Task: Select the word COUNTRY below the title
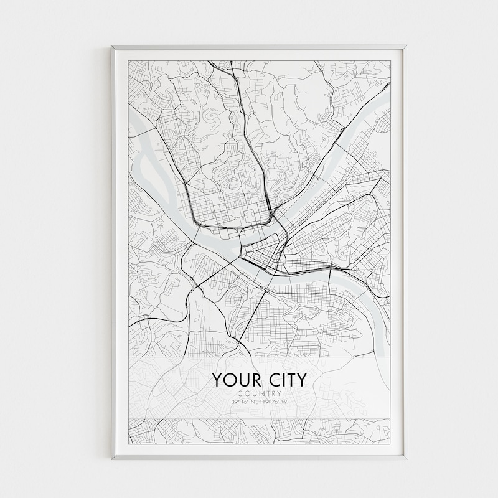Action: point(259,393)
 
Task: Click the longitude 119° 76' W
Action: point(273,402)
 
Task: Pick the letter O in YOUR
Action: point(230,380)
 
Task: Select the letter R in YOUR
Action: point(254,380)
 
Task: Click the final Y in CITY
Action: point(301,380)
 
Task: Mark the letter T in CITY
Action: point(289,380)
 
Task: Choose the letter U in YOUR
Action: point(242,380)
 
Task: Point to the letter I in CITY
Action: point(280,380)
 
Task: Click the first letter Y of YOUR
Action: point(218,380)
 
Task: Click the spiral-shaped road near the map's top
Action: point(210,115)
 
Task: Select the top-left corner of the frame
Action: point(113,47)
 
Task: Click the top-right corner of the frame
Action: point(405,47)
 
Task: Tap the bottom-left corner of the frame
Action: point(113,459)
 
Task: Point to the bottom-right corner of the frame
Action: point(405,459)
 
